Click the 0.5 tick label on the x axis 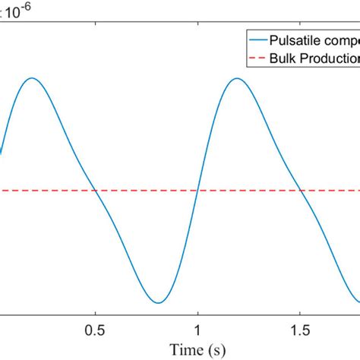point(94,330)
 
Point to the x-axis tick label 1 point(197,330)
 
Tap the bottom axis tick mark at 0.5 point(94,312)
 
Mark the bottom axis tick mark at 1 point(197,312)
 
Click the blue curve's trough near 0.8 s point(157,302)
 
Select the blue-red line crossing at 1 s point(197,191)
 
